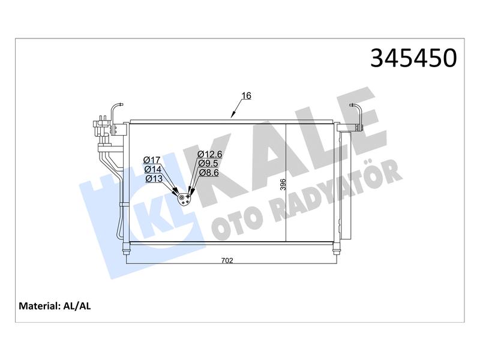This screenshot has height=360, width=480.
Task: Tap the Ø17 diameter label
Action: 152,160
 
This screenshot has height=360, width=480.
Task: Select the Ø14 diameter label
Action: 153,169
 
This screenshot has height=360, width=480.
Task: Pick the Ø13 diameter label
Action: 154,179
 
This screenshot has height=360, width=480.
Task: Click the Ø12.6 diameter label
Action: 209,154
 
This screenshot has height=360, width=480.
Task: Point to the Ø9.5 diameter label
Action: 208,163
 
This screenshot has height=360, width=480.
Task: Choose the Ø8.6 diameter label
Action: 209,173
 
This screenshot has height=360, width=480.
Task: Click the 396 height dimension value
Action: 283,185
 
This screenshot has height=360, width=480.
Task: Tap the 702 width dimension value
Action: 227,260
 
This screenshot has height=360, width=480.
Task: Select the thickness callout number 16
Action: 246,96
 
